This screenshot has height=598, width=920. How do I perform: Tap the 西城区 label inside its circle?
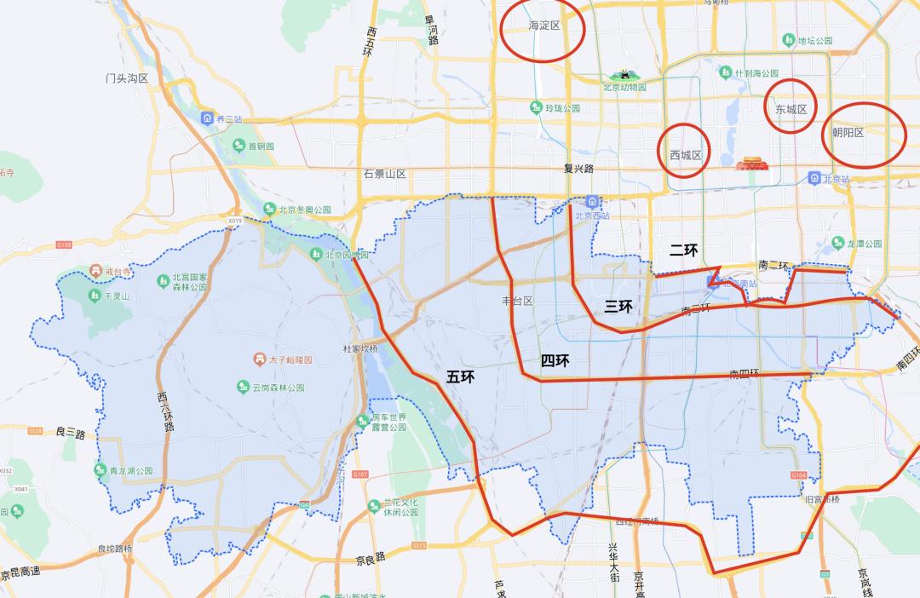685,155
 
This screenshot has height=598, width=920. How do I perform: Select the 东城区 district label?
791,109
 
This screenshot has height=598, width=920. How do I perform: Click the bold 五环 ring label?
460,377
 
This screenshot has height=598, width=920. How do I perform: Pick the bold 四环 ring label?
555,360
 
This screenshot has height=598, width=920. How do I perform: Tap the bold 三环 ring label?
618,307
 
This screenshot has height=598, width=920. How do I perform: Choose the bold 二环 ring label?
683,250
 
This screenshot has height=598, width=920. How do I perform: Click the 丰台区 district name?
517,301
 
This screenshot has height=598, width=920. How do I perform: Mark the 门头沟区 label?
127,78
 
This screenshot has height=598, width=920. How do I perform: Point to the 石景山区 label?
384,174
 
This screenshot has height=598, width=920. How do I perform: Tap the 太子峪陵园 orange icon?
258,360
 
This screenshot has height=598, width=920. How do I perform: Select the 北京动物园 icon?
624,75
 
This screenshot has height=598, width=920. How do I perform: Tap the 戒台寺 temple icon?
95,272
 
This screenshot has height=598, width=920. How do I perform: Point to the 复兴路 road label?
578,169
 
